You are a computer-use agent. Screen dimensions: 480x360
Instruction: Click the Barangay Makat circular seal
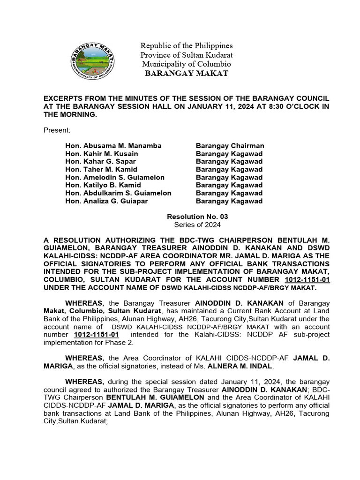(94, 59)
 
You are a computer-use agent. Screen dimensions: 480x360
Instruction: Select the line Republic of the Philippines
(187, 46)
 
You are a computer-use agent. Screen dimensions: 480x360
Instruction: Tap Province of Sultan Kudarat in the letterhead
(187, 55)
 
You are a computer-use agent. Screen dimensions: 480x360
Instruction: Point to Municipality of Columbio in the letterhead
(187, 64)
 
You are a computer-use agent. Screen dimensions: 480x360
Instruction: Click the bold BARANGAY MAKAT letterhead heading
(187, 73)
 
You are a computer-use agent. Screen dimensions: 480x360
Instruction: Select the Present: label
(57, 129)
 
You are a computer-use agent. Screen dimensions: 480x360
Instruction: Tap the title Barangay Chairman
(230, 146)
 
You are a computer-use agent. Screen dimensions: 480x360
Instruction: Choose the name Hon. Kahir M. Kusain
(102, 154)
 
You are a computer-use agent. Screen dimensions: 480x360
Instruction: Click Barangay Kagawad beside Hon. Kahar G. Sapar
(229, 162)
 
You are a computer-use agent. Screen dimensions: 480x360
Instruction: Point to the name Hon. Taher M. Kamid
(101, 170)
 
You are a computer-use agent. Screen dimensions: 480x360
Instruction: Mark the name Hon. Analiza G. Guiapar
(106, 201)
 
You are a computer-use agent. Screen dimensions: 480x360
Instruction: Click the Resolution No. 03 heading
(197, 217)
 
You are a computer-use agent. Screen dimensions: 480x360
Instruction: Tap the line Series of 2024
(197, 225)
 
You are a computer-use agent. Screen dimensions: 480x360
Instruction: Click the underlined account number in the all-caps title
(304, 280)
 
